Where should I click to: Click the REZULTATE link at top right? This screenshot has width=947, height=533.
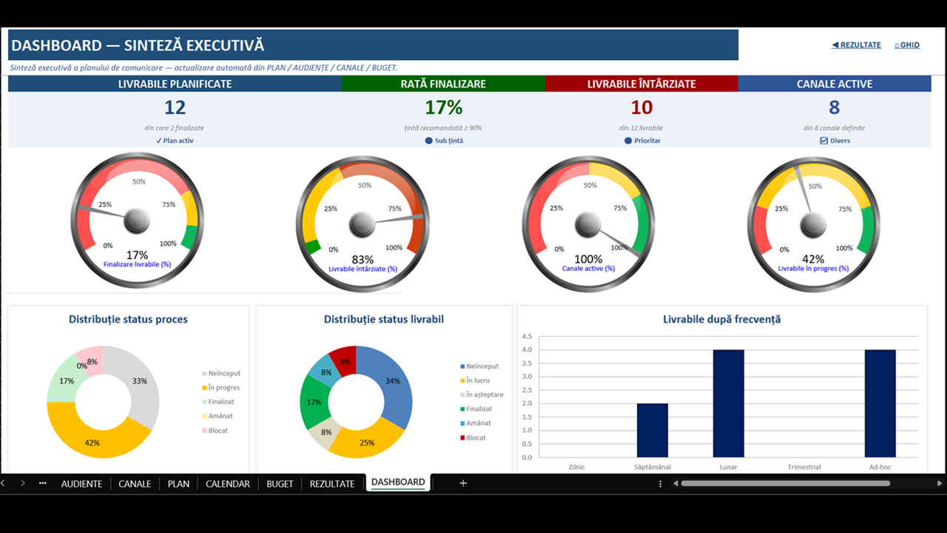click(x=857, y=45)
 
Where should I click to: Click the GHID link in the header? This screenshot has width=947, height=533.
click(x=907, y=45)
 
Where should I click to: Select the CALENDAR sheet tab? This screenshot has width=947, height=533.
click(x=227, y=483)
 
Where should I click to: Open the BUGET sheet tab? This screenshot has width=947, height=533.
click(x=280, y=483)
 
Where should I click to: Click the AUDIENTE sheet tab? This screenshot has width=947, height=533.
click(x=81, y=483)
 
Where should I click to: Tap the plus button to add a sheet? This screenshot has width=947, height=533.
click(x=463, y=483)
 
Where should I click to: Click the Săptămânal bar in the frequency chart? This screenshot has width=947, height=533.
click(x=653, y=430)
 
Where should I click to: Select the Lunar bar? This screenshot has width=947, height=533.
click(x=729, y=403)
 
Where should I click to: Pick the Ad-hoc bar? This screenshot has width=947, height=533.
click(x=880, y=403)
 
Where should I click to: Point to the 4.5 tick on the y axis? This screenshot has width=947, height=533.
click(x=527, y=336)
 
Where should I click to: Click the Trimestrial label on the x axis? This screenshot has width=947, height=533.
click(x=804, y=467)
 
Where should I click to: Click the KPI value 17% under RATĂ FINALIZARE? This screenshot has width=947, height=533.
click(x=443, y=107)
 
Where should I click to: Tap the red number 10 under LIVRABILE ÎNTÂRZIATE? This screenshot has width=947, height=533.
click(x=641, y=107)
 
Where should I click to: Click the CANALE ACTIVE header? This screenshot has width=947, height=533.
click(x=835, y=84)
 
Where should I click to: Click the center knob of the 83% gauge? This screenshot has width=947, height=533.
click(x=362, y=224)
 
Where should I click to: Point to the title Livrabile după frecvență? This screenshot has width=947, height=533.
click(x=721, y=319)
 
